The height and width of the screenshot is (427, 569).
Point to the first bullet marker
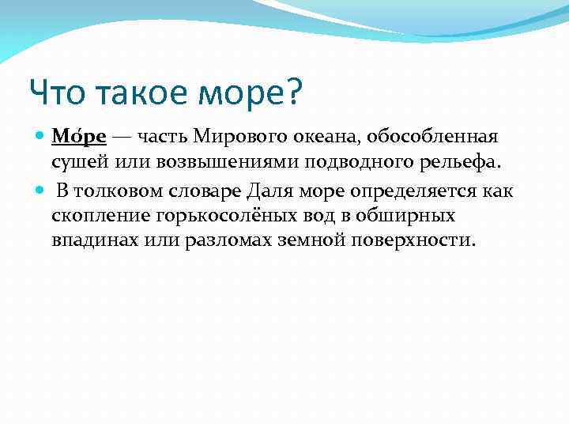pos(42,136)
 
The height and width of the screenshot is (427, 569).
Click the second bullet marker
pos(42,191)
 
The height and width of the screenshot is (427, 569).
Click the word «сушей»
pos(77,163)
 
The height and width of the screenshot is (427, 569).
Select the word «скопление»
pos(95,215)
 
